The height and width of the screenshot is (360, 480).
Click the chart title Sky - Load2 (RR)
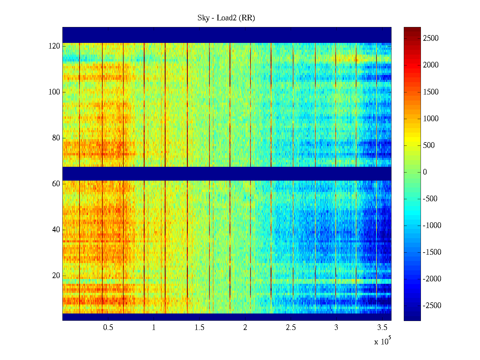tap(226, 18)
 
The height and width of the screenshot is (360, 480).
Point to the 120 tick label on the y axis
tap(54, 46)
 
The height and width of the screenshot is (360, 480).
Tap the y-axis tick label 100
tap(54, 92)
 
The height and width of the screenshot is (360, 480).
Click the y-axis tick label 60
tap(56, 184)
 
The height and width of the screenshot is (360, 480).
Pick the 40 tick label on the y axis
tap(56, 230)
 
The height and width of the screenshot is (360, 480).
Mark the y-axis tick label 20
tap(56, 276)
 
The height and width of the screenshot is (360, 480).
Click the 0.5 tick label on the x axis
tap(108, 328)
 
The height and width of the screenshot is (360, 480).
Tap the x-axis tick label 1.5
tap(199, 328)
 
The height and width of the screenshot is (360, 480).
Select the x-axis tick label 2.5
tap(290, 328)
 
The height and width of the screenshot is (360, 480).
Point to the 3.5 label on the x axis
tap(382, 328)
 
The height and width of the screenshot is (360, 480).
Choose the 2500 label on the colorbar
tap(431, 38)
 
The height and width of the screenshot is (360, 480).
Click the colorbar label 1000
tap(431, 119)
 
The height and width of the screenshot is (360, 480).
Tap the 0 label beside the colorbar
tap(425, 172)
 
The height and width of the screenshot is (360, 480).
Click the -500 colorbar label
tap(430, 199)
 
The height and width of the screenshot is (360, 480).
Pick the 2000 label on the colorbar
tap(431, 65)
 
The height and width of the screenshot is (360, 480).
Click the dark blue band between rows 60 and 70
tap(227, 174)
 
